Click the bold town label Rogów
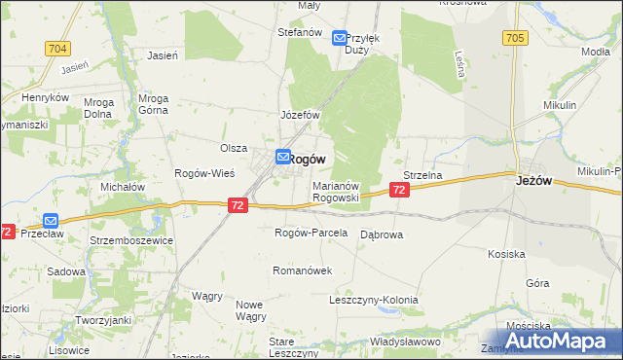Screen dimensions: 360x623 [308, 158]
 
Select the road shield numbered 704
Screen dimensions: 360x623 [56, 47]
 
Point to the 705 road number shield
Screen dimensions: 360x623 [516, 38]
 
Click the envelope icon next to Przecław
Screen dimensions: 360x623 [51, 221]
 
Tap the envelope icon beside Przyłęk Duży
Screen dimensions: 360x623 [339, 38]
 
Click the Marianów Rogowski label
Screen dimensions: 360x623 [337, 191]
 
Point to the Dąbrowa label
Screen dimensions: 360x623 [382, 234]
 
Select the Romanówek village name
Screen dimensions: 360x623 [303, 270]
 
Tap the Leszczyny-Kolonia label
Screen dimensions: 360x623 [374, 300]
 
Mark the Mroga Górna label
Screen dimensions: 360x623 [154, 104]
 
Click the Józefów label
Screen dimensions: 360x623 [301, 115]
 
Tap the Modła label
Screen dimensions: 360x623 [595, 51]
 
